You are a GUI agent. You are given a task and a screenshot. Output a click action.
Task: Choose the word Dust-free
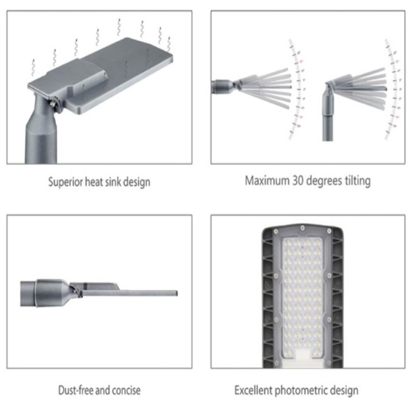[x=78, y=391]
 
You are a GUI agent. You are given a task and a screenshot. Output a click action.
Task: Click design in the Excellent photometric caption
[x=345, y=391]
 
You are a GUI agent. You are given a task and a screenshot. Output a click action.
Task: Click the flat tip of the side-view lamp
[x=172, y=293]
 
